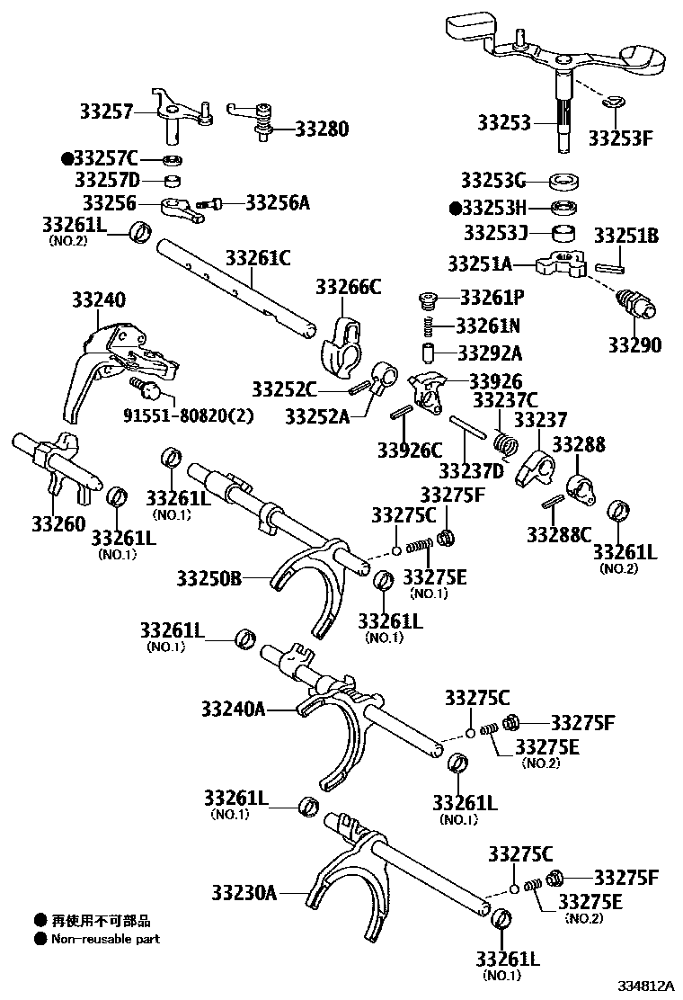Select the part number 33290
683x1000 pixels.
click(634, 345)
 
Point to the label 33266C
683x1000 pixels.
click(348, 288)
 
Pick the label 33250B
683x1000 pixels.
click(209, 578)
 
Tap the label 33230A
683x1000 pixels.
click(244, 893)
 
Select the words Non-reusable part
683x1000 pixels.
click(105, 939)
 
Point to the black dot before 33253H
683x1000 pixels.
click(455, 208)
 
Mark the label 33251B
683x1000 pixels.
click(626, 237)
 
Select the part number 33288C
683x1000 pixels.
click(560, 534)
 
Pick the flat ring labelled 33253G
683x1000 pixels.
click(563, 180)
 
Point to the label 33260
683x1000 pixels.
click(59, 523)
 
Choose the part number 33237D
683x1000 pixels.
click(473, 470)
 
